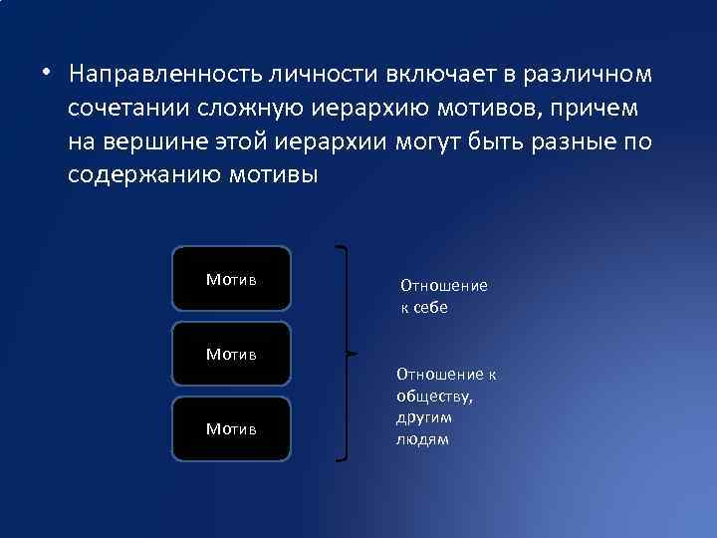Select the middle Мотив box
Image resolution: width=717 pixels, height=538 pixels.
click(x=231, y=354)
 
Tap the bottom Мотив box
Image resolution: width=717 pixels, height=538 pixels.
click(x=231, y=428)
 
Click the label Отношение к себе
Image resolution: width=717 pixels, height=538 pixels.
click(x=443, y=296)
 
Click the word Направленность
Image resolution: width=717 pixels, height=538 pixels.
click(x=159, y=76)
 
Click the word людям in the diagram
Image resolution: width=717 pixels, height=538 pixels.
click(x=422, y=439)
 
